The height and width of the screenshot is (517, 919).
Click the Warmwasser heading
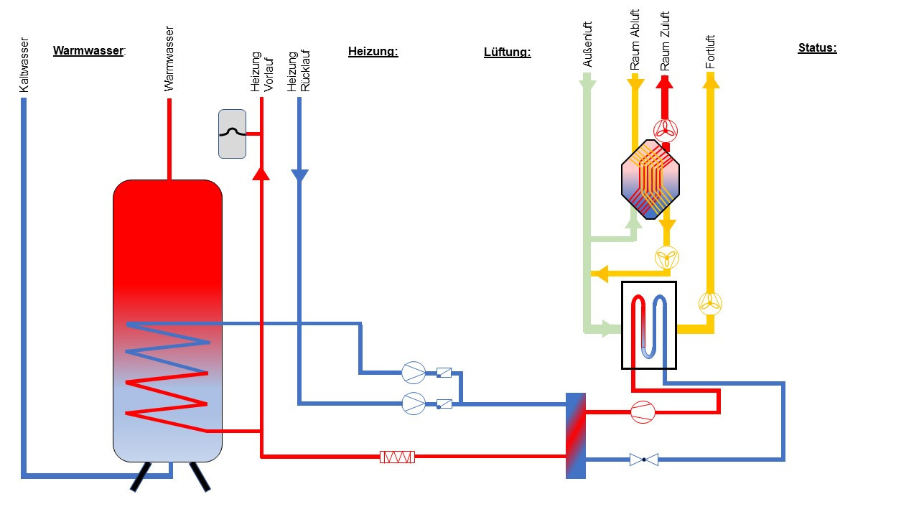(89, 51)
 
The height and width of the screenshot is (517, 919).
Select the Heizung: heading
(373, 52)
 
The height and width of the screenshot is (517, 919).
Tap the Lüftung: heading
(507, 52)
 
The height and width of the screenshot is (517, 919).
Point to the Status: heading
(817, 48)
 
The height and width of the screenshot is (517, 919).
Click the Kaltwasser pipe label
(24, 65)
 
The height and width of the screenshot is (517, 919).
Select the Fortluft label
(711, 52)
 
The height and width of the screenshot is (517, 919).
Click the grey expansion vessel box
(232, 134)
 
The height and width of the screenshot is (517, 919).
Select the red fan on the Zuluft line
(666, 129)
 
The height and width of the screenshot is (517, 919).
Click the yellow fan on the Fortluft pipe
(711, 302)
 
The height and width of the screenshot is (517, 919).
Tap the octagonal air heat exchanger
(650, 179)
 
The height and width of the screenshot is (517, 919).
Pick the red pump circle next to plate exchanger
(643, 412)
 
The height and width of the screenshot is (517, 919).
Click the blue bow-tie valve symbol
(643, 459)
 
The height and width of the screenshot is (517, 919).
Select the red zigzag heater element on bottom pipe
(397, 457)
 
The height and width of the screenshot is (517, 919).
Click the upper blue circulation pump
(414, 372)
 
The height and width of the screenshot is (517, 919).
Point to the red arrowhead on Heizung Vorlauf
(261, 172)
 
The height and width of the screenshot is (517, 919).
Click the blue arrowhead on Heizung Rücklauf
(299, 175)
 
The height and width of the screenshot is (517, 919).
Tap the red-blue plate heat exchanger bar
(576, 435)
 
